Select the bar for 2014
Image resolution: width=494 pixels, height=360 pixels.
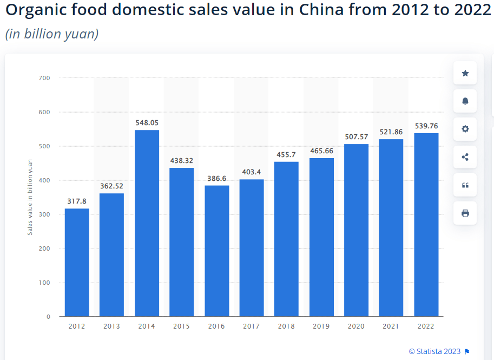[147, 223]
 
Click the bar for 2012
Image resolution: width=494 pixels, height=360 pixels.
[77, 263]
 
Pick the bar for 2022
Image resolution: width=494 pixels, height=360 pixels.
[426, 225]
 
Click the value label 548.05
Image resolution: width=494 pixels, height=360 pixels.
[147, 123]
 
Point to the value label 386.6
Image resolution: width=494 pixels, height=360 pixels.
[216, 178]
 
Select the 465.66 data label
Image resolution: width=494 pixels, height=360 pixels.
[321, 151]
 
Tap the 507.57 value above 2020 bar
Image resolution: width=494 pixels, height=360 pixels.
[357, 136]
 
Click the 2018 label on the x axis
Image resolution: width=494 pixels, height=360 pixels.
[286, 326]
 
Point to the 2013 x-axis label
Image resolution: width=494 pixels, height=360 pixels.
[111, 326]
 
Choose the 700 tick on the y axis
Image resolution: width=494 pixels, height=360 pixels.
[44, 78]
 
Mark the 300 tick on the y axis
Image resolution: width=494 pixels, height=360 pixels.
[44, 214]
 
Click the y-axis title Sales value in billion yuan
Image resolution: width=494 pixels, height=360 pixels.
[30, 197]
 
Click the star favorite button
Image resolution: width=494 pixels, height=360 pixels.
[465, 73]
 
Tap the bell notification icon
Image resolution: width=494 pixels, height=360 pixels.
[465, 101]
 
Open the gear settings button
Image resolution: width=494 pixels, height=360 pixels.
[465, 129]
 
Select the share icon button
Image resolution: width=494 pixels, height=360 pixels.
[465, 158]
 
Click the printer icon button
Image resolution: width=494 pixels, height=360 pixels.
[465, 213]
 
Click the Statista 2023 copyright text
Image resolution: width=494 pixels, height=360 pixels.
[434, 351]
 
